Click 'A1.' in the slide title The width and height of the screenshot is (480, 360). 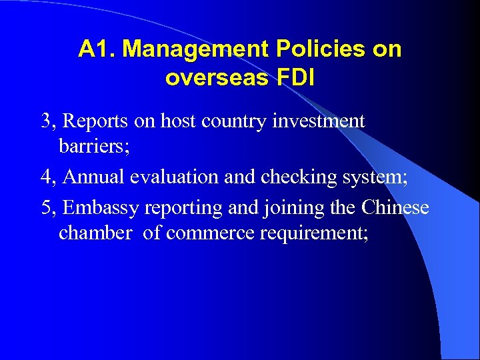coord(97,49)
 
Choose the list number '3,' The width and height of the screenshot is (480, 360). coord(50,121)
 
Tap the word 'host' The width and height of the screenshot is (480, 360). coord(176,121)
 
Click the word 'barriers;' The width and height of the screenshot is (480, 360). coord(94,146)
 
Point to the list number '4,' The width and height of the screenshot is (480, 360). coord(50,177)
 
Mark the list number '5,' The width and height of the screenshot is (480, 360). coord(50,208)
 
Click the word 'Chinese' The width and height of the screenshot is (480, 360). coord(395,207)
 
